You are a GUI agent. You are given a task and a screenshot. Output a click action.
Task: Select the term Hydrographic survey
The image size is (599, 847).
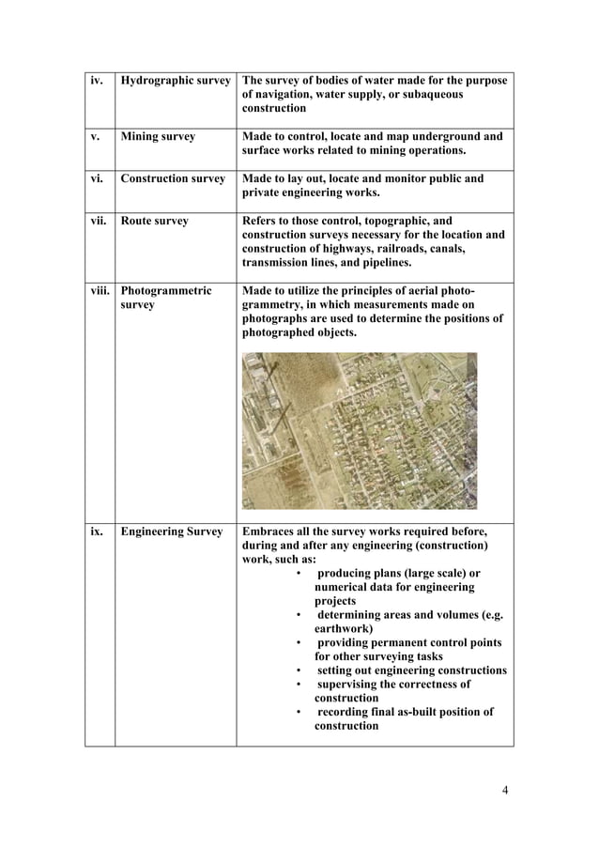(176, 81)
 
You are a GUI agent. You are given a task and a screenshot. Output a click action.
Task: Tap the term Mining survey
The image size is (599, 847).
(158, 137)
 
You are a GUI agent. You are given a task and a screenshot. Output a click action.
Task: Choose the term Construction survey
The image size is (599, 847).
(173, 178)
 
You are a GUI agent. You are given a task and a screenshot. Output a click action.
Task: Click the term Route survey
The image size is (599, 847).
(155, 222)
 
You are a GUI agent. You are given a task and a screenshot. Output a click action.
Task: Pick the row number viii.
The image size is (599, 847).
(100, 291)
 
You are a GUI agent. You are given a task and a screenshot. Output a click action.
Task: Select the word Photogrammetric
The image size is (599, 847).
(166, 291)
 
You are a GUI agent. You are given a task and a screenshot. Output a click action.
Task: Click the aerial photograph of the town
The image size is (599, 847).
(359, 431)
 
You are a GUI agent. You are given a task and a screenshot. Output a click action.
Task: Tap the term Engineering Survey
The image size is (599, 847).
(171, 531)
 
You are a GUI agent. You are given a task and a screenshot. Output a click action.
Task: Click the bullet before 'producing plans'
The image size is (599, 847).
(298, 574)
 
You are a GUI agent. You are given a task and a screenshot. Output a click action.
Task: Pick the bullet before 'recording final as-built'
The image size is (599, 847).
(298, 713)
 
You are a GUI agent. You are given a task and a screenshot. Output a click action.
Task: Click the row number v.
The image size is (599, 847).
(95, 137)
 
